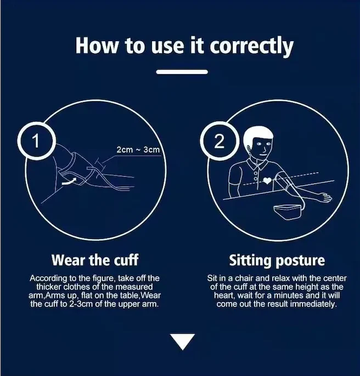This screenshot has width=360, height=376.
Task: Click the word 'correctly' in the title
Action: pyautogui.click(x=251, y=47)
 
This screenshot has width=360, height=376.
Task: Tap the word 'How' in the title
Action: pyautogui.click(x=97, y=45)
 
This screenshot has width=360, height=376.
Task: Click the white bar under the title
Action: pyautogui.click(x=182, y=72)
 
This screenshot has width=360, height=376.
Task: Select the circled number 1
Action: pyautogui.click(x=36, y=141)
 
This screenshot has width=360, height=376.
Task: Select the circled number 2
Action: pyautogui.click(x=219, y=141)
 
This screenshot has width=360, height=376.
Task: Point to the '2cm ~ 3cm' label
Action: pyautogui.click(x=138, y=150)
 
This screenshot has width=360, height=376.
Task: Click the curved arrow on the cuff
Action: pyautogui.click(x=69, y=181)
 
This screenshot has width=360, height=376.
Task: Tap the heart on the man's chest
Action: pyautogui.click(x=267, y=180)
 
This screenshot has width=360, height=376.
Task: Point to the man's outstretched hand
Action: pyautogui.click(x=325, y=197)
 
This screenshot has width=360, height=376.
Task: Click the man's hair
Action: pyautogui.click(x=257, y=136)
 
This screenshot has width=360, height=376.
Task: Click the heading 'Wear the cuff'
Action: pyautogui.click(x=95, y=260)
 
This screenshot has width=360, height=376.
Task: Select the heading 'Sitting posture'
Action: pyautogui.click(x=277, y=260)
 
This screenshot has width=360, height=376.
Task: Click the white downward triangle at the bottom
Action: pyautogui.click(x=183, y=341)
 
